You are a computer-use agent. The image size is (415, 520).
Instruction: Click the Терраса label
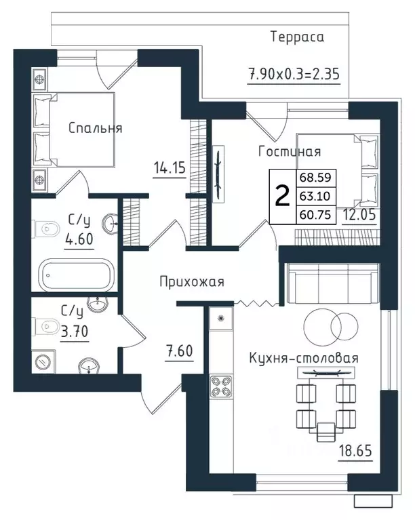297,37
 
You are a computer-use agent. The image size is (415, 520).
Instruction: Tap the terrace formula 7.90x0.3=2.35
294,74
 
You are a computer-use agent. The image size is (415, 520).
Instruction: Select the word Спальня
95,128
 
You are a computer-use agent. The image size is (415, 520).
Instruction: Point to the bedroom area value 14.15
170,167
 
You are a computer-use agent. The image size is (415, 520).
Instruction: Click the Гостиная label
290,152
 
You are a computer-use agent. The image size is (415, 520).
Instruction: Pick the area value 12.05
359,214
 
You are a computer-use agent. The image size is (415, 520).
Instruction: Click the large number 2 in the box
282,197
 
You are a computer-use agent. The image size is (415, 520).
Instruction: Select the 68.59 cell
315,178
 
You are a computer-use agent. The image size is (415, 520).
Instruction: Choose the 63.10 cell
315,196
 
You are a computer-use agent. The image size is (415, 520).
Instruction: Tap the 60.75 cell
315,215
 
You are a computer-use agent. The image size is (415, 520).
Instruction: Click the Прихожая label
192,282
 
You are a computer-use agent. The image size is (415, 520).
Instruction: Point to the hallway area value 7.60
180,351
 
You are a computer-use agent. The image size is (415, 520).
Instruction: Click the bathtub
77,275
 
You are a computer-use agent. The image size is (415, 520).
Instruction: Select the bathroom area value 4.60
79,239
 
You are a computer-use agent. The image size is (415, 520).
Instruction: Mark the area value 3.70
75,331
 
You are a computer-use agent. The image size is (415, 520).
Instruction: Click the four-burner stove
221,386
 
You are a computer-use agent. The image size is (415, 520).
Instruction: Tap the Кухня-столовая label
304,358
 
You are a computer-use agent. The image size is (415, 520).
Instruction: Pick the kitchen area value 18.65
355,451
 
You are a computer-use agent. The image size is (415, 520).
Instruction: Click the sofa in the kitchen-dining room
333,283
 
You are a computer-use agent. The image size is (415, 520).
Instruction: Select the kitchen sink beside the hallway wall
220,318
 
